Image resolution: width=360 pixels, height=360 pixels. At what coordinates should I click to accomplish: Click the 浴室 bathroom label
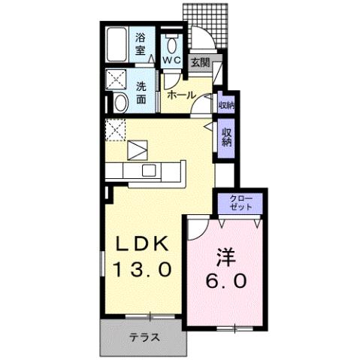click(141, 44)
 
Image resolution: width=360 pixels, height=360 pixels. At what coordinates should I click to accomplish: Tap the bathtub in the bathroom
click(118, 44)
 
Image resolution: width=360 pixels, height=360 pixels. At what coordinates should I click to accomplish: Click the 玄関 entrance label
click(199, 63)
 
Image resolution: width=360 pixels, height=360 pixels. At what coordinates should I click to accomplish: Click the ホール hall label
click(181, 95)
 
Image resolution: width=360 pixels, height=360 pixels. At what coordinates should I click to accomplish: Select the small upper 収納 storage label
click(225, 104)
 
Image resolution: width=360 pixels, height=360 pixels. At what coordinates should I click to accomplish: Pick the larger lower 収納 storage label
click(225, 138)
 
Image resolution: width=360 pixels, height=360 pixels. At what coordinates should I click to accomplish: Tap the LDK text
click(147, 246)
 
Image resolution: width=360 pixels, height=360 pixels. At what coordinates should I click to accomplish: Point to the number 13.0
click(147, 268)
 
